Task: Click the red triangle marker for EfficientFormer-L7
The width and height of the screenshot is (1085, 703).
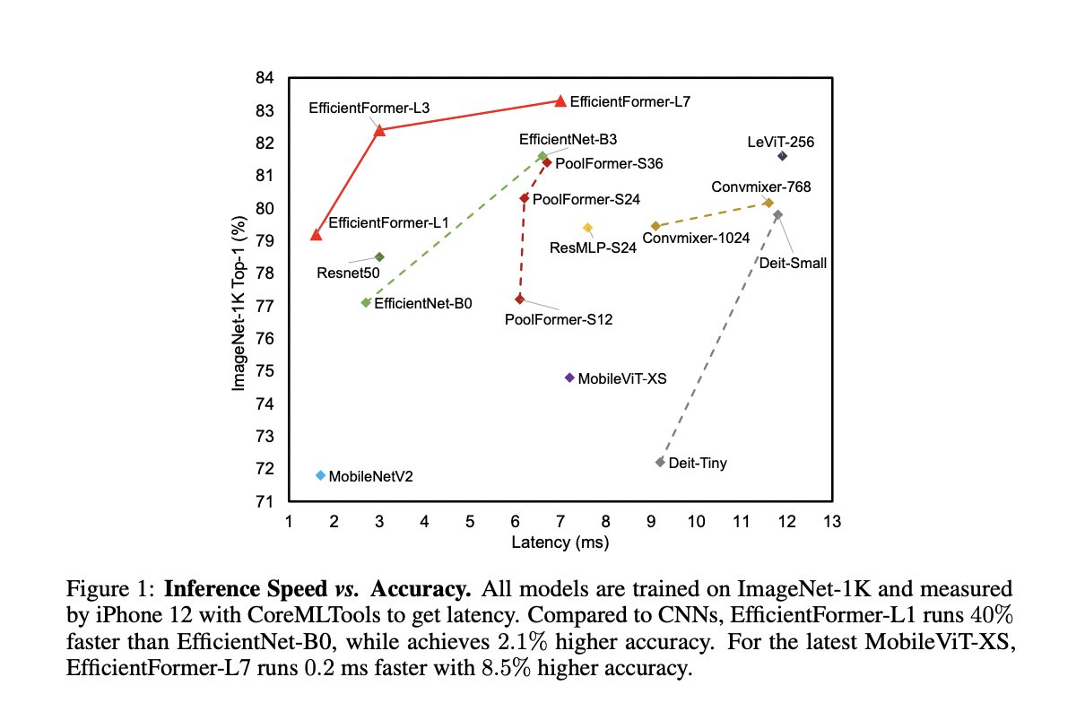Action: click(x=560, y=100)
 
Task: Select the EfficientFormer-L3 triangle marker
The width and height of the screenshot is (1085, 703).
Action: click(x=379, y=130)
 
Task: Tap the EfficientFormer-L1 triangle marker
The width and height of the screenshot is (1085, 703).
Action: click(x=316, y=234)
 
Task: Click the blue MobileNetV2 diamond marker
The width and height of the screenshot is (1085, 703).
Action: click(x=320, y=475)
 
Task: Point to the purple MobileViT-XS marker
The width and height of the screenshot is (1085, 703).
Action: click(x=569, y=378)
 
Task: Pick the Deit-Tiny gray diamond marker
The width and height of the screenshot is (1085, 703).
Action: click(x=660, y=462)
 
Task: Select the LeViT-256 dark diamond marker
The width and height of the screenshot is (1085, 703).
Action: click(x=782, y=156)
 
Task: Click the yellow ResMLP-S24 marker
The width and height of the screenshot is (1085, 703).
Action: click(x=587, y=228)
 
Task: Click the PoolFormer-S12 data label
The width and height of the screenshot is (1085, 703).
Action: click(x=559, y=318)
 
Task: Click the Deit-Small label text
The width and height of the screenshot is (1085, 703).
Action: click(x=793, y=263)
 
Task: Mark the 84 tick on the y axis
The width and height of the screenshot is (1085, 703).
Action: click(x=266, y=78)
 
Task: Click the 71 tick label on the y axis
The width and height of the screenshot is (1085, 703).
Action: click(x=266, y=501)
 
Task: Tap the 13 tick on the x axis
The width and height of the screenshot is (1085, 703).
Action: click(x=832, y=521)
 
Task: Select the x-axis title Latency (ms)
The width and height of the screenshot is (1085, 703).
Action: click(x=560, y=542)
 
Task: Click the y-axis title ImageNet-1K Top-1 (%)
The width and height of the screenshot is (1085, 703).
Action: click(x=239, y=290)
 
